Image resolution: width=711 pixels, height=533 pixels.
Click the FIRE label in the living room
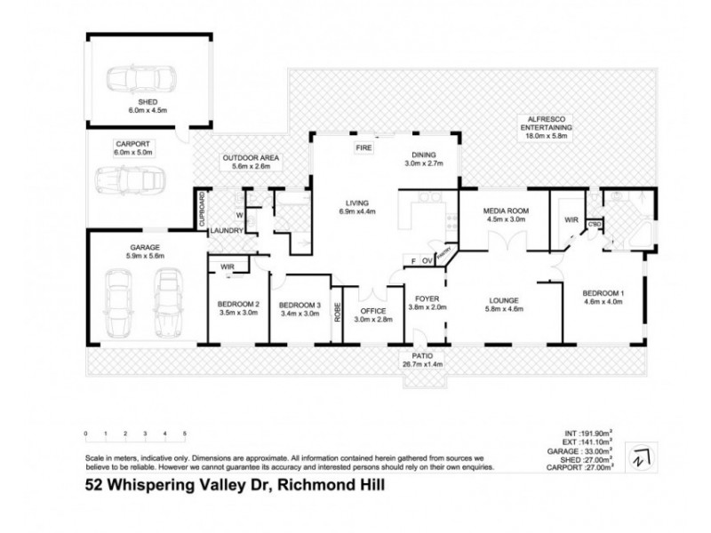(363, 147)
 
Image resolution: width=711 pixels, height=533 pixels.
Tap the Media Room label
(505, 211)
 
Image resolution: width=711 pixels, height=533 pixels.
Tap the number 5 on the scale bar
(184, 434)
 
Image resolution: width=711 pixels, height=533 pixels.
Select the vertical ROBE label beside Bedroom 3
(337, 312)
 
